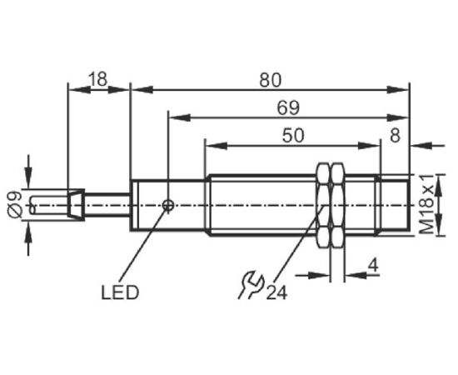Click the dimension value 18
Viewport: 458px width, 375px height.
click(98, 78)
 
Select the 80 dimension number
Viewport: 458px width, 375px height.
click(270, 80)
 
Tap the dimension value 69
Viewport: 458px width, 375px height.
click(288, 107)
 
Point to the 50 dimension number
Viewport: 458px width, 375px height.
click(293, 135)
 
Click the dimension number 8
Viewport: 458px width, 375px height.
click(395, 135)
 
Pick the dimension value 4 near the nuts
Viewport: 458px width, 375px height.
click(373, 266)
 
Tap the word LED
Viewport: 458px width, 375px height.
click(120, 292)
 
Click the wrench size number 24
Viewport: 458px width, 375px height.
click(276, 292)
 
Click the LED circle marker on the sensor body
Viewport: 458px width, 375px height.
click(168, 205)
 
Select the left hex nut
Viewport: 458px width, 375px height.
click(323, 206)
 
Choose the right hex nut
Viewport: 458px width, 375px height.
click(337, 206)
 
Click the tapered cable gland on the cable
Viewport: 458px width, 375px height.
click(76, 204)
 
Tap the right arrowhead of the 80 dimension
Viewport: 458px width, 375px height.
click(397, 90)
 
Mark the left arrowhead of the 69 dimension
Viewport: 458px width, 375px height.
click(180, 117)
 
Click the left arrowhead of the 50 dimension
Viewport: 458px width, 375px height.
click(217, 146)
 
